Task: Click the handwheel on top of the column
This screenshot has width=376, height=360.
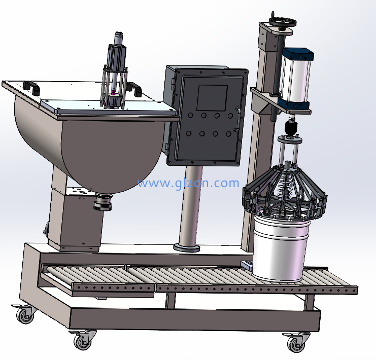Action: pyautogui.click(x=283, y=22)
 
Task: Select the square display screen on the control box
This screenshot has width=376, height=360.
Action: pyautogui.click(x=212, y=98)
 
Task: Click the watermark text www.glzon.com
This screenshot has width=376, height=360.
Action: pyautogui.click(x=188, y=183)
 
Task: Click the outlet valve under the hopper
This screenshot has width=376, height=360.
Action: pyautogui.click(x=103, y=202)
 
